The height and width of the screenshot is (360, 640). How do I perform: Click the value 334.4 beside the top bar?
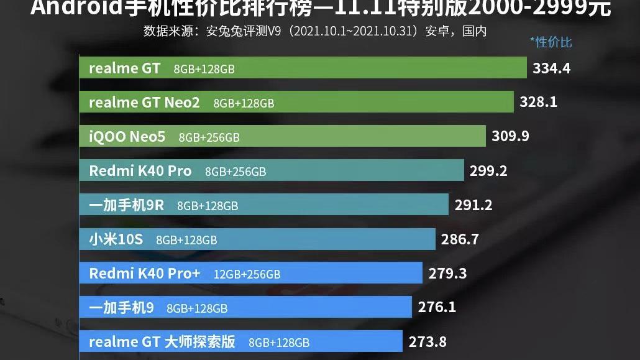(551, 68)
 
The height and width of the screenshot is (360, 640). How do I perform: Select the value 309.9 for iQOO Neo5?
(510, 136)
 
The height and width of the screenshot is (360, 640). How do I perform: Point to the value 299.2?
(488, 170)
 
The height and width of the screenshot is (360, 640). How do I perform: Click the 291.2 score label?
(473, 205)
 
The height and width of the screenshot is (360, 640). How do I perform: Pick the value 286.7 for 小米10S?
(460, 239)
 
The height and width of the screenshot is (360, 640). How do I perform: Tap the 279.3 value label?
(447, 273)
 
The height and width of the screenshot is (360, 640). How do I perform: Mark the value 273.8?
(427, 341)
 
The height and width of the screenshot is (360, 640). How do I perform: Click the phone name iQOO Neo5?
(127, 136)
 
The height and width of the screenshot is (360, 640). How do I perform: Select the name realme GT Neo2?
(144, 103)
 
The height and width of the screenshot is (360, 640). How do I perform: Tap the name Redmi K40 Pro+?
(145, 273)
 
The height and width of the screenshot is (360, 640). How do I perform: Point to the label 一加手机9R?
(127, 205)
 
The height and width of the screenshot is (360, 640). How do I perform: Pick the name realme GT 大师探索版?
(162, 341)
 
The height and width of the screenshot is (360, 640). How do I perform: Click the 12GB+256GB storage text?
(247, 274)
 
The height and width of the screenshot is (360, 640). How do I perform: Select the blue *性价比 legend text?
(551, 42)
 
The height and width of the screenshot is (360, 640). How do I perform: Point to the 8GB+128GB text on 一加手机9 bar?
(197, 308)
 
